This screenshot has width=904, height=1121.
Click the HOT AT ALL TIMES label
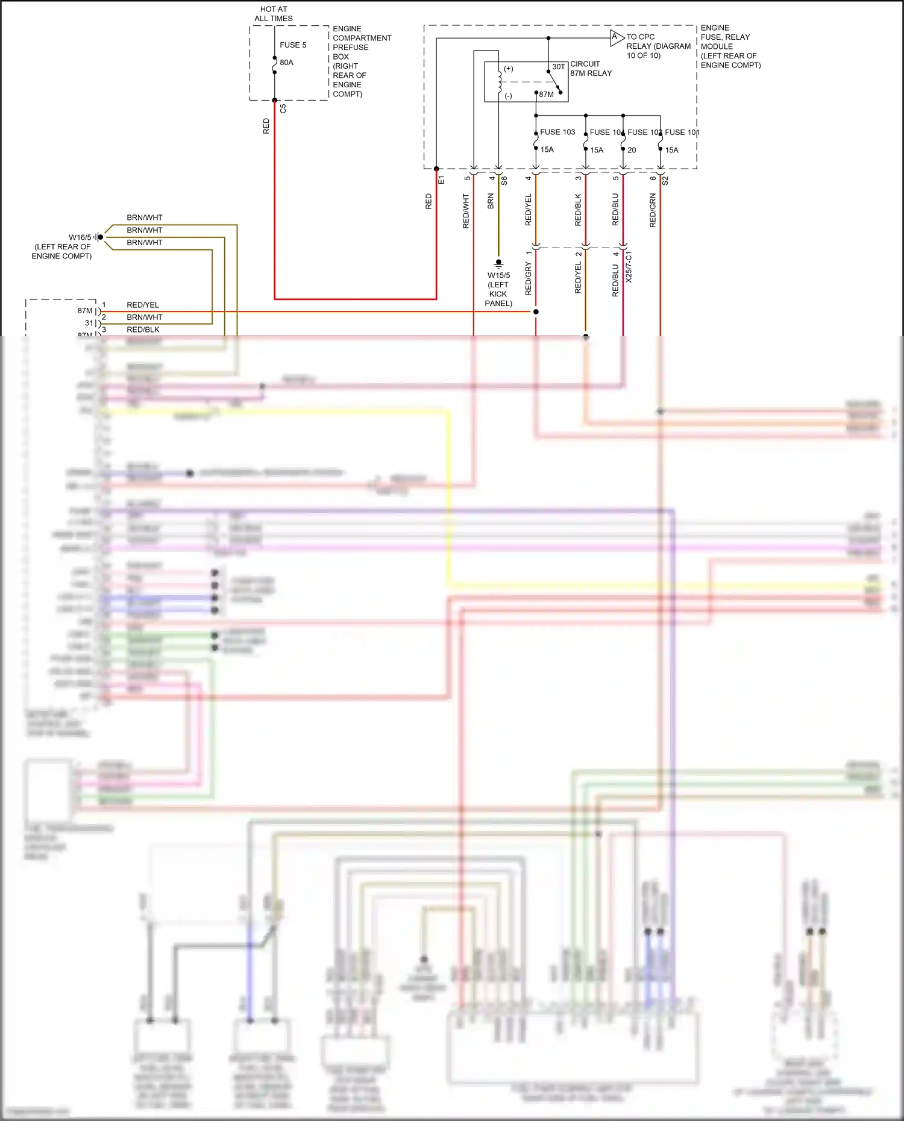[x=274, y=14]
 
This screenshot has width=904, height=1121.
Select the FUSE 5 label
[x=293, y=45]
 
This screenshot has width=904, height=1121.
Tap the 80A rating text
[x=286, y=63]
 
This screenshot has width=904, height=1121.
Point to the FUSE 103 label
[x=557, y=132]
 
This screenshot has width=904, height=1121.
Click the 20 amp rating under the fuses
[x=632, y=150]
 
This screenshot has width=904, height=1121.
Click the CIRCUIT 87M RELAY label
[x=591, y=69]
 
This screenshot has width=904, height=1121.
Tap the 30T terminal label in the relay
[x=559, y=67]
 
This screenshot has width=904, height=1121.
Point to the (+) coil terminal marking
[x=509, y=69]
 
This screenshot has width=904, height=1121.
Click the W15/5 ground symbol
[x=498, y=263]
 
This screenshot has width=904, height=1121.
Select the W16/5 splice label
[x=80, y=237]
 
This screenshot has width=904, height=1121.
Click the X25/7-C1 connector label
[x=629, y=267]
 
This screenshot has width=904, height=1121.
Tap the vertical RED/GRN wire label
[x=653, y=210]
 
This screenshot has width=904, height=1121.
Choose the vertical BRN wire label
[x=491, y=201]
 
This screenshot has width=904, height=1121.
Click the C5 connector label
[x=283, y=108]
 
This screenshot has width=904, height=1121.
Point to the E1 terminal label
[x=441, y=180]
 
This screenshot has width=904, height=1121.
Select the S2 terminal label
[x=665, y=180]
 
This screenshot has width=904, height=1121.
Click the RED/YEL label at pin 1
[x=143, y=305]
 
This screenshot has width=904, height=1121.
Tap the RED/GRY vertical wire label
[x=529, y=278]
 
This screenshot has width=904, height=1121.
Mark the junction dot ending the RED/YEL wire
[x=536, y=311]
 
